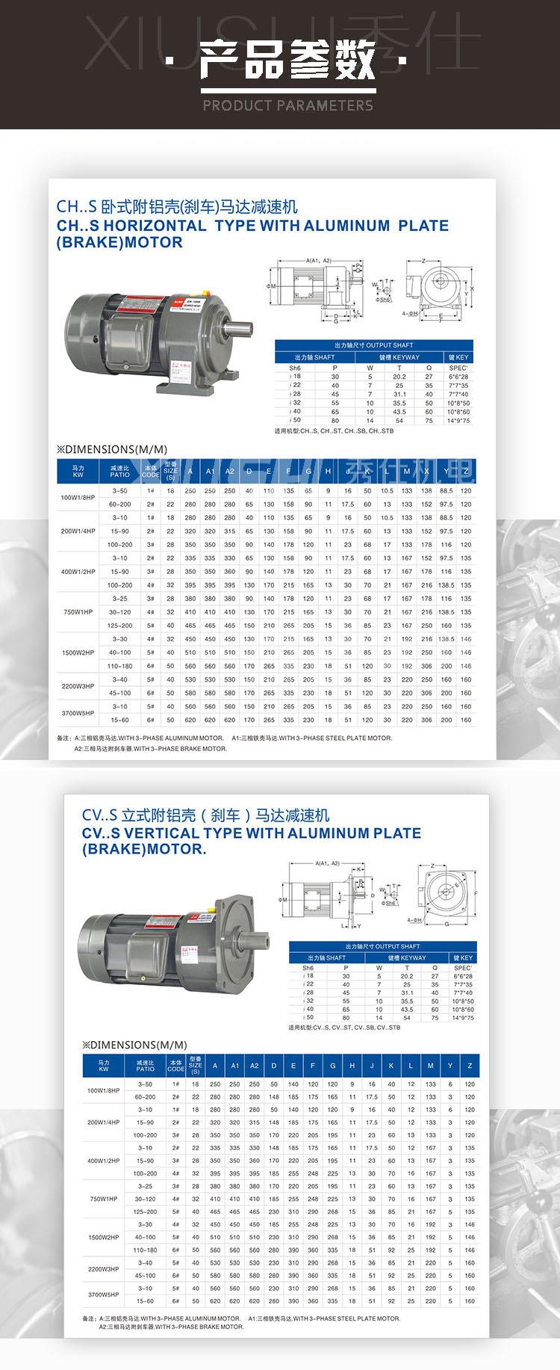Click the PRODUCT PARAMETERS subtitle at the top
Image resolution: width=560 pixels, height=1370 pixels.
point(287,105)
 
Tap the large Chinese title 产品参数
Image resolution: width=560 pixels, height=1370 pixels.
point(287,61)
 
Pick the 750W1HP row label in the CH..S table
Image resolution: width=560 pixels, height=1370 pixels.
point(78,612)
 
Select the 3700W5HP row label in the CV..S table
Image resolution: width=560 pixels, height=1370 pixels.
point(103,1295)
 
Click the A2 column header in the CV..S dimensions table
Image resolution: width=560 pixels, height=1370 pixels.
point(254,1066)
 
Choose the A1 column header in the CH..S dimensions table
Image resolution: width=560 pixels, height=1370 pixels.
point(210,472)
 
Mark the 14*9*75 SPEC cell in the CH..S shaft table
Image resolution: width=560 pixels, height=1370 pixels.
point(458,421)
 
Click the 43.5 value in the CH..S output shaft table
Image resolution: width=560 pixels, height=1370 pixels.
point(399,412)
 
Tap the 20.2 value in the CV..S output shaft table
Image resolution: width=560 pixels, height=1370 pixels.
point(406,976)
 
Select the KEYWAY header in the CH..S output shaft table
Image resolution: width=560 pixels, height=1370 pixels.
point(399,357)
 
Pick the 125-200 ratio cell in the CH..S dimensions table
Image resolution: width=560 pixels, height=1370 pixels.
point(120,626)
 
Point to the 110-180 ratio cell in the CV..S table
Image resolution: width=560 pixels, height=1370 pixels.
point(145,1250)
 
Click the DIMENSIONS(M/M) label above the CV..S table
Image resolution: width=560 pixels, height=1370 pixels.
point(134,1045)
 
